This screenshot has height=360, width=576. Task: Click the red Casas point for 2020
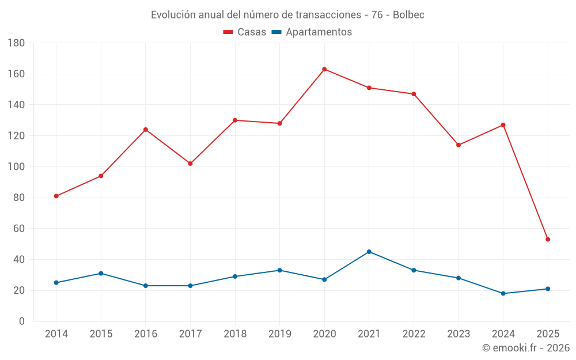(x=324, y=69)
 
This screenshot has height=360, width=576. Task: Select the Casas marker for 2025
(x=548, y=239)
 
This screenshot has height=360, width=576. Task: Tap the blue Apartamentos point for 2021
(x=369, y=252)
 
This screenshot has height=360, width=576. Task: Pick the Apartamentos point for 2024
(x=503, y=293)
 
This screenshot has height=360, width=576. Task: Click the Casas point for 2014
(x=56, y=196)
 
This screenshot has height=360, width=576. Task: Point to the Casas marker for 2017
(x=190, y=164)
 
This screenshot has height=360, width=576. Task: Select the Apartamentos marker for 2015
(x=101, y=273)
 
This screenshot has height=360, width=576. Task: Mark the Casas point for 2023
(x=458, y=145)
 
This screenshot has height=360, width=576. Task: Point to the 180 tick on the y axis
(x=17, y=43)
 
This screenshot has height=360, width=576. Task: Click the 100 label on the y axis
(x=17, y=167)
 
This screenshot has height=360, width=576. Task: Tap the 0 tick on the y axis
(x=22, y=321)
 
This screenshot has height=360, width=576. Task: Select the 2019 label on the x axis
(x=279, y=334)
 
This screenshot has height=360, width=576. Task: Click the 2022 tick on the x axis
(x=414, y=334)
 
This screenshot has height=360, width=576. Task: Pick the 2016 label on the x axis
(x=146, y=334)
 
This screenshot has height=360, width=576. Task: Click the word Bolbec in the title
(x=408, y=15)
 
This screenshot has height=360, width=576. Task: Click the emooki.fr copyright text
(x=526, y=348)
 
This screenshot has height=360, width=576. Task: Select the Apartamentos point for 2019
(x=279, y=270)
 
